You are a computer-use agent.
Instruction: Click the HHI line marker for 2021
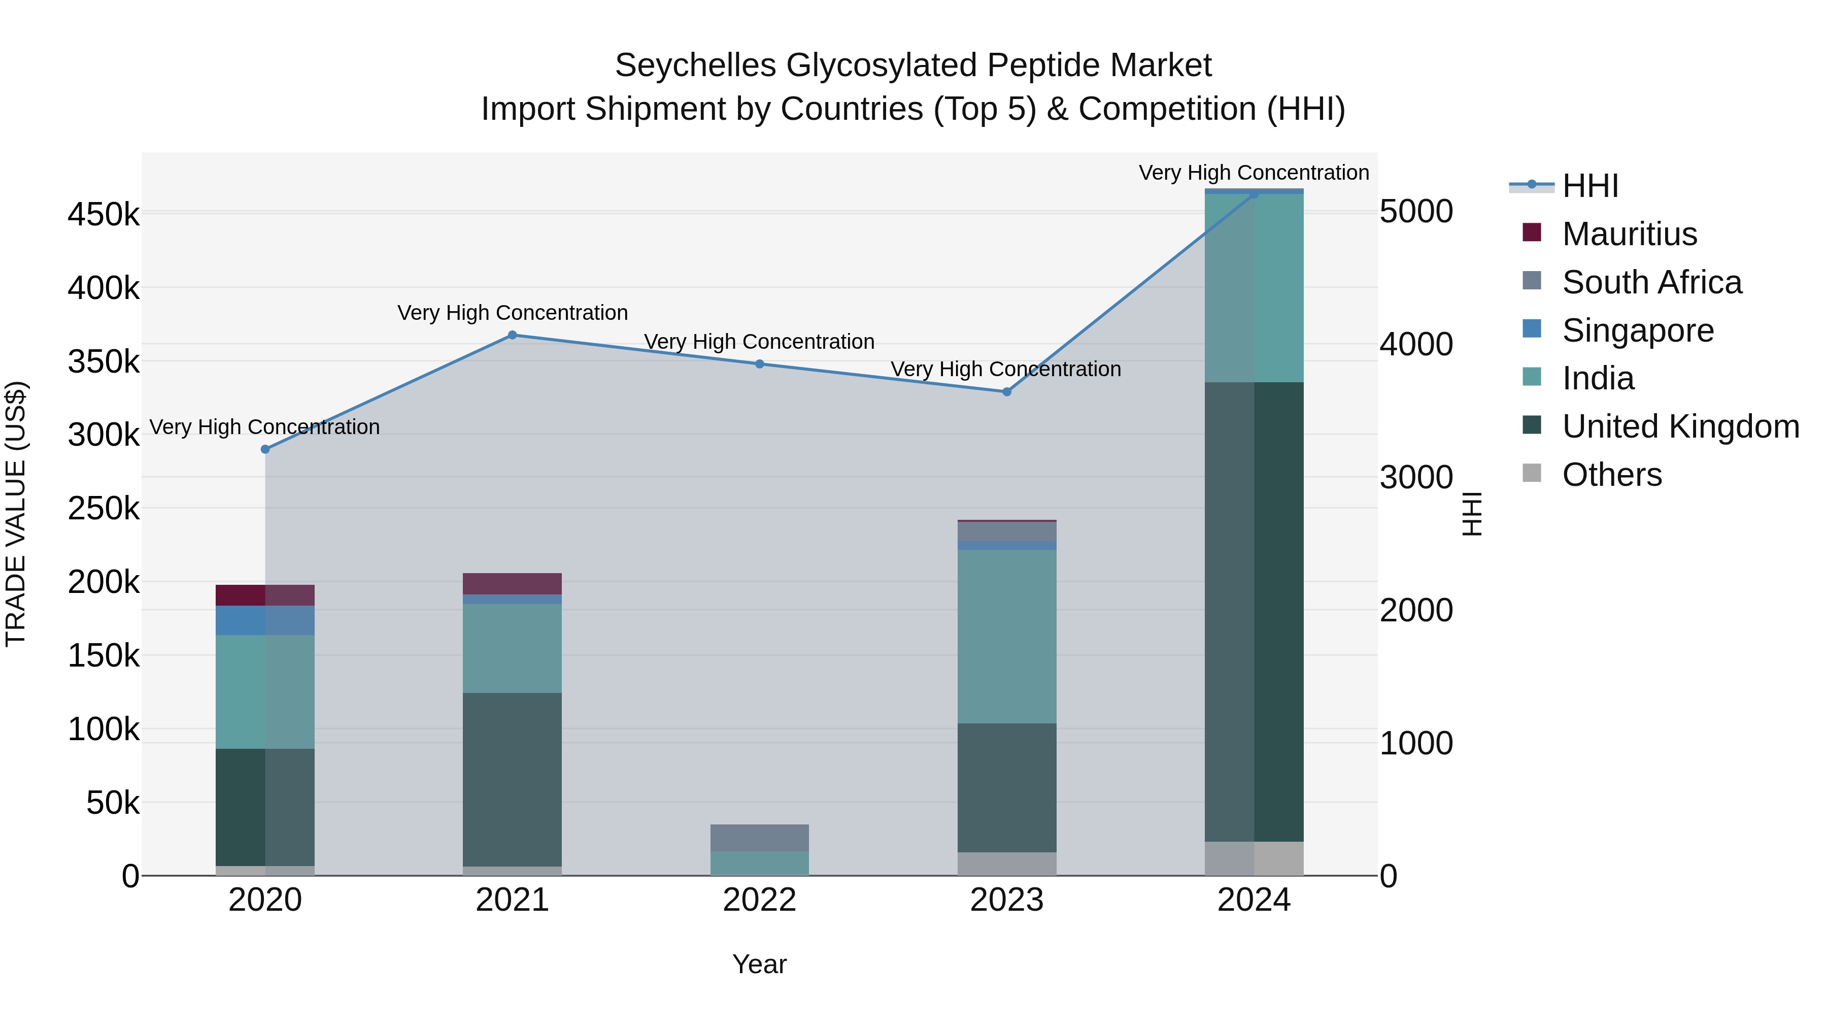[512, 335]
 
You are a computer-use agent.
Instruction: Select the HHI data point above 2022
[760, 364]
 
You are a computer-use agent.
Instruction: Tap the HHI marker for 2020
[265, 449]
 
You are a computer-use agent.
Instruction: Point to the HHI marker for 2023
[1006, 391]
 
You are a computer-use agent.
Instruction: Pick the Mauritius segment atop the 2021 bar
[512, 583]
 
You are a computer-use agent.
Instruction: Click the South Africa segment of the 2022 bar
[760, 837]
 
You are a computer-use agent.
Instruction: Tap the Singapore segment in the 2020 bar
[265, 620]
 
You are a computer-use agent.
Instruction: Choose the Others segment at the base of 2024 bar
[1254, 858]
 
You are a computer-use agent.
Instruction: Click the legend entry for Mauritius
[1629, 234]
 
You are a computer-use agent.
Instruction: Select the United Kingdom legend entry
[1680, 426]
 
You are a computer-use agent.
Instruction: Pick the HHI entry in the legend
[1590, 186]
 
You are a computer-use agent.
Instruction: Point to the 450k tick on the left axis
[104, 214]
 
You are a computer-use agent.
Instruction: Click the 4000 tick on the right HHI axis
[1415, 344]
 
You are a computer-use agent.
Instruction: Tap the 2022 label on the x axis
[760, 900]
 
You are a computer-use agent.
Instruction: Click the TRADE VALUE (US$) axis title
[16, 514]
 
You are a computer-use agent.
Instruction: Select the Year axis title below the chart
[760, 964]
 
